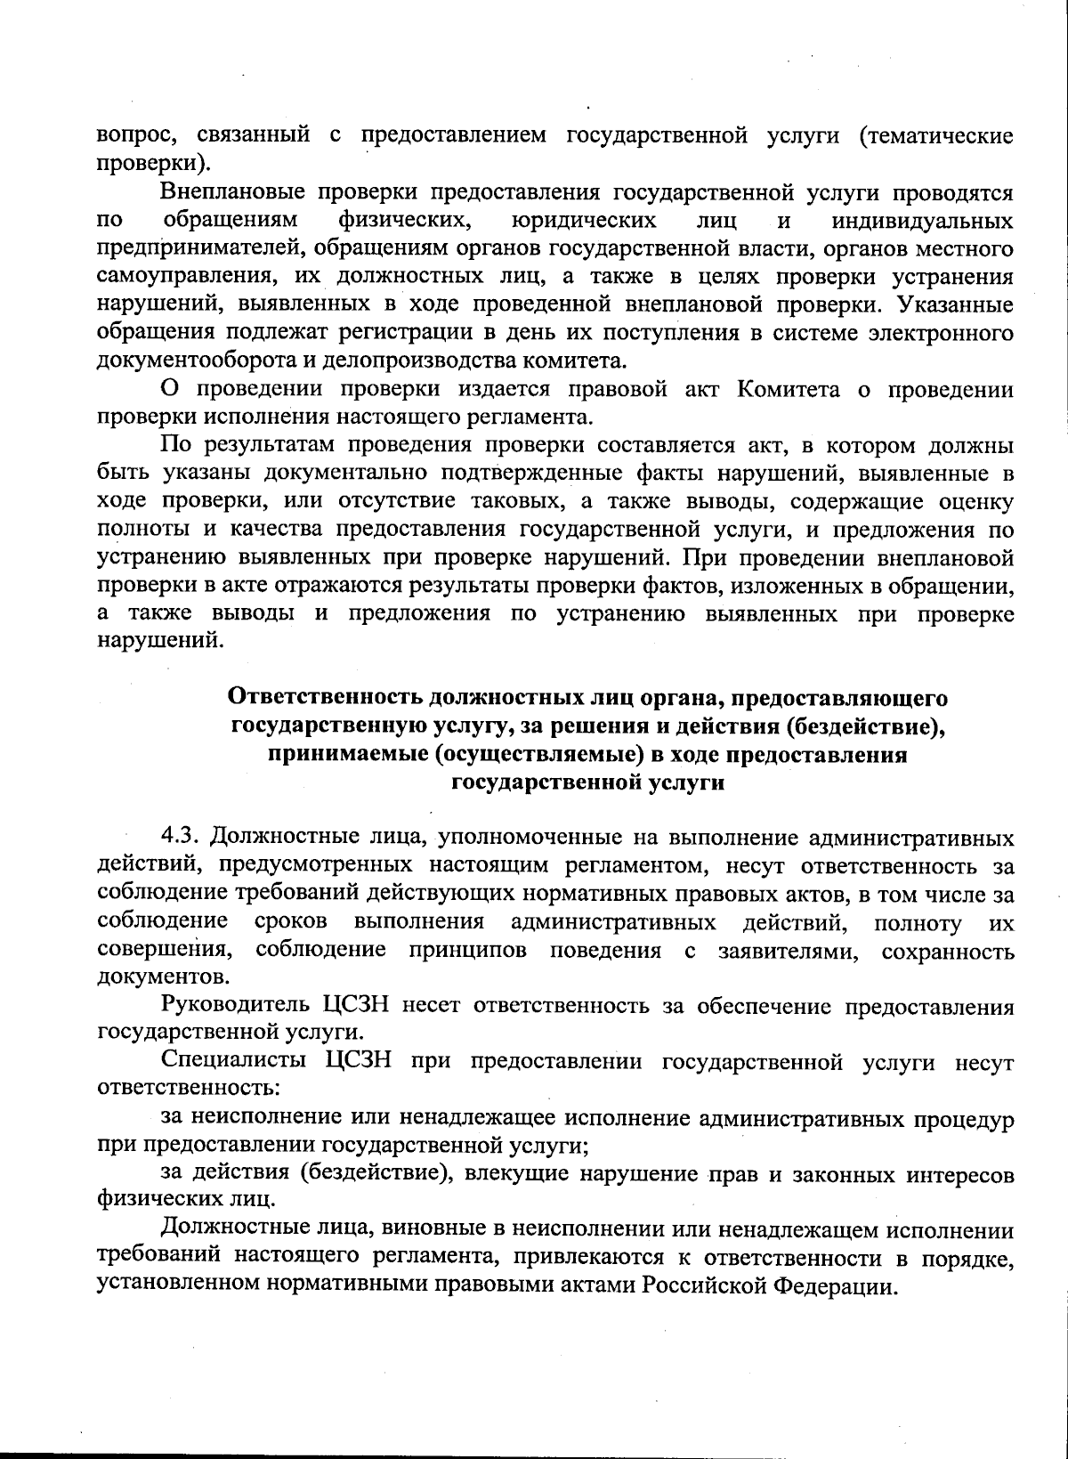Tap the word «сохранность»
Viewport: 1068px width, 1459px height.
tap(947, 950)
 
